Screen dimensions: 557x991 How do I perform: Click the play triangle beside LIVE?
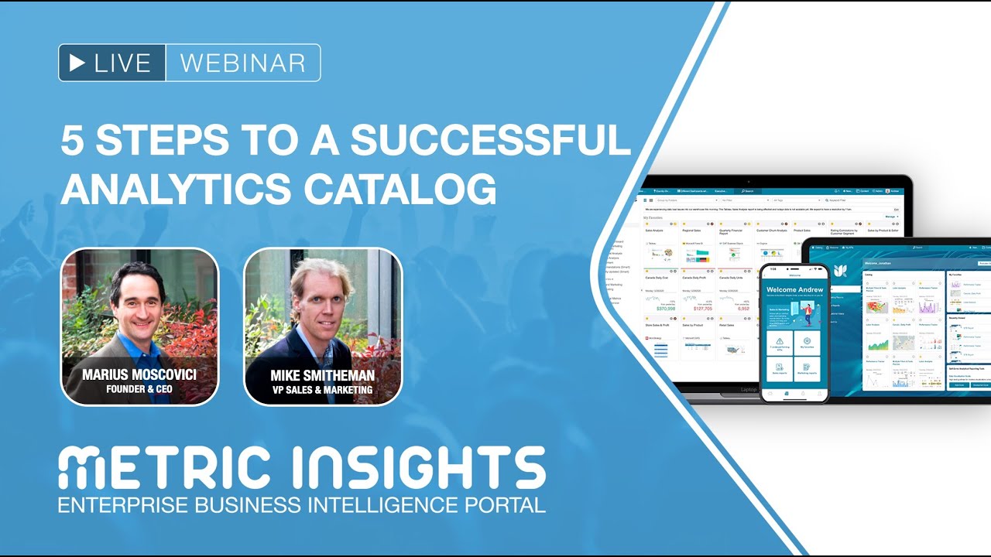click(x=77, y=63)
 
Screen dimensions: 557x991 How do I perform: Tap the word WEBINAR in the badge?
click(x=242, y=63)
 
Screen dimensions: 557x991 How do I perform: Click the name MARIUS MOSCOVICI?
click(x=139, y=375)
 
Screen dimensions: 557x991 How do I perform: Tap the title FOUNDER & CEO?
click(x=139, y=389)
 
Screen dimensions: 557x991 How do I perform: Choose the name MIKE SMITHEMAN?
click(x=323, y=375)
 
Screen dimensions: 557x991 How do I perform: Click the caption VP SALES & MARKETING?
click(x=323, y=390)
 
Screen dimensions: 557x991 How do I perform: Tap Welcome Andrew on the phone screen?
click(x=794, y=290)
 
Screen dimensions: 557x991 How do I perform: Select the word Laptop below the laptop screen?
click(x=749, y=390)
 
